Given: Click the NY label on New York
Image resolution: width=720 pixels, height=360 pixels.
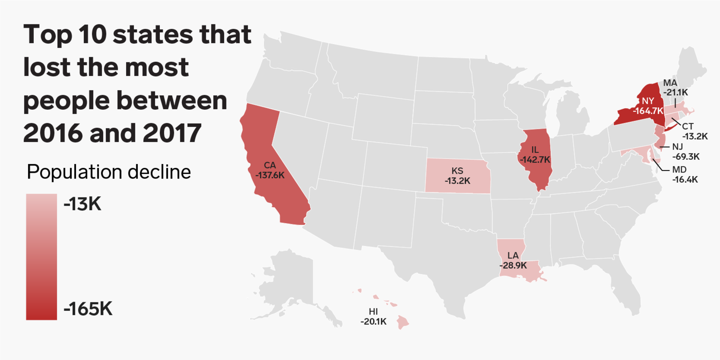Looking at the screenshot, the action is point(648,100).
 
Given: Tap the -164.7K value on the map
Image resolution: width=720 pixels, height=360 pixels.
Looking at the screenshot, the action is point(648,111).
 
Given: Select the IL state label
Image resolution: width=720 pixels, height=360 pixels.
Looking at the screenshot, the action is point(535,150).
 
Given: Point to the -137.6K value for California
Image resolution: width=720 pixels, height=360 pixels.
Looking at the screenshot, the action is point(270,175).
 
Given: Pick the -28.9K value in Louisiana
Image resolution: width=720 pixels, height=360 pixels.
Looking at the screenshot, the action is point(513,265).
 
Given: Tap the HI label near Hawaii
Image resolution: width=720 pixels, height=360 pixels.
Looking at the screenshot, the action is point(373,311).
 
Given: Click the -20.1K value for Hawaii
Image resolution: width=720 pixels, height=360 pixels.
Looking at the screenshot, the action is point(373,322).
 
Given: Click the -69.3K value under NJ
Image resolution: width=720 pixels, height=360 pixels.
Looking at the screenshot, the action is point(686,156).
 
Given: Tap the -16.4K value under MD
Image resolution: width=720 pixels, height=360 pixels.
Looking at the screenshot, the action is point(685,179).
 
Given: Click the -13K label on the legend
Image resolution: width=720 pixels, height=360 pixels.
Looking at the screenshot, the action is point(83,204).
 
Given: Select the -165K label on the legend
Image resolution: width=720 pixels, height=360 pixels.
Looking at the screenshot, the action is point(88,309).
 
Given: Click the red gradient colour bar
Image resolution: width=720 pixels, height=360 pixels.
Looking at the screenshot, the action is point(41,257).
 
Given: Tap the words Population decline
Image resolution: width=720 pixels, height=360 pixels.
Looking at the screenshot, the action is point(109,172).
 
